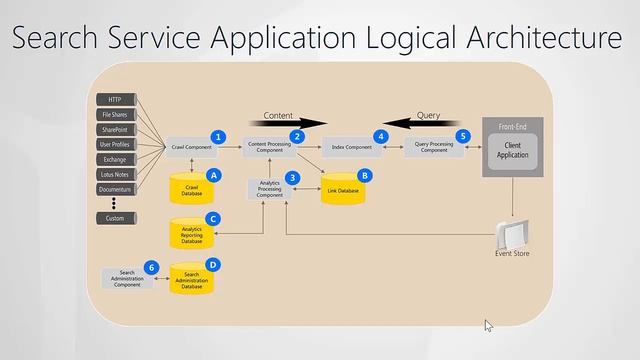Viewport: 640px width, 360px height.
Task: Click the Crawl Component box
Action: tap(192, 148)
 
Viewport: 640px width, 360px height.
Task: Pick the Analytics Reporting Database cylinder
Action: tap(192, 234)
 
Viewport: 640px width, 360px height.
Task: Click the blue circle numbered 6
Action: tap(151, 267)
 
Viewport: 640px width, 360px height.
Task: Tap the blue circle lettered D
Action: tap(212, 264)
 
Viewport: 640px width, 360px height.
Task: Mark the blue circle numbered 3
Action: tap(292, 177)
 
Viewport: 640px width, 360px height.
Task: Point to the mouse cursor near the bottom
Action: tap(488, 325)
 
